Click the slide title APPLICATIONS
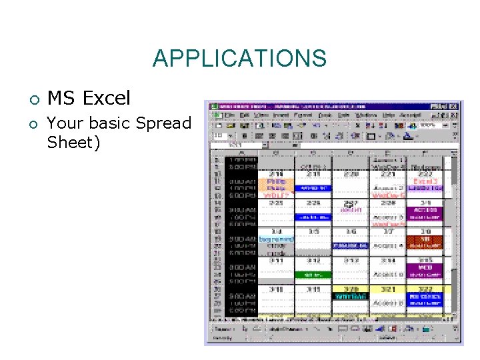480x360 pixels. click(x=239, y=59)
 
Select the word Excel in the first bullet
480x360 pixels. click(x=107, y=99)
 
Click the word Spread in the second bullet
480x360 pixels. click(x=163, y=123)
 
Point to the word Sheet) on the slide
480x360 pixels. click(x=73, y=142)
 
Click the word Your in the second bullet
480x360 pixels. click(x=62, y=123)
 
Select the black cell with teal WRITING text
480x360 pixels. click(x=351, y=295)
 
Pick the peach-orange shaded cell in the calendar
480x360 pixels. click(x=277, y=181)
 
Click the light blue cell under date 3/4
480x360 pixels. click(x=277, y=239)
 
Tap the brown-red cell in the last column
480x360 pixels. click(x=425, y=239)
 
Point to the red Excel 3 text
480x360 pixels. click(x=425, y=181)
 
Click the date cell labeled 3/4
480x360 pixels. click(x=277, y=231)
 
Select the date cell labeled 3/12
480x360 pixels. click(x=313, y=260)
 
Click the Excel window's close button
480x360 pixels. click(x=455, y=106)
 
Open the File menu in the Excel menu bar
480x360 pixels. click(x=227, y=115)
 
